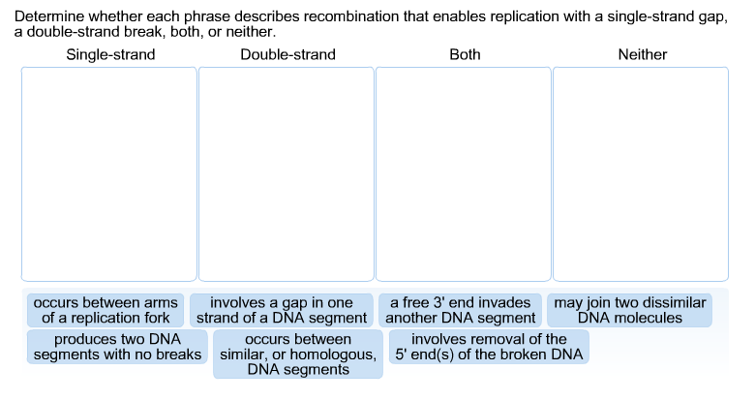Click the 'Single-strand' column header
[110, 54]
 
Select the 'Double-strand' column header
[287, 54]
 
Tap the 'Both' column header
[465, 54]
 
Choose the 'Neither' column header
[642, 54]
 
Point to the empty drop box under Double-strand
[286, 174]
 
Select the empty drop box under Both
[463, 174]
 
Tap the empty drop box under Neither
[640, 174]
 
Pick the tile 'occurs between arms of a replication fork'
[106, 310]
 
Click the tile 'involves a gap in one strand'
[282, 310]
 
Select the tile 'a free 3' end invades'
[461, 310]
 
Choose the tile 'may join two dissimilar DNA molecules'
[630, 310]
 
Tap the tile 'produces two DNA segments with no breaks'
[117, 347]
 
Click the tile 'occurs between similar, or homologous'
[297, 354]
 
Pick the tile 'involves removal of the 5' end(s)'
[489, 347]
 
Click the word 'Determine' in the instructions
[47, 17]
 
